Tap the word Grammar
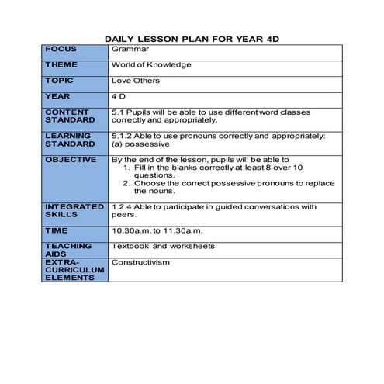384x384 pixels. pos(127,49)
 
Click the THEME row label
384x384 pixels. pos(61,64)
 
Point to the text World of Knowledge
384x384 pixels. pos(151,65)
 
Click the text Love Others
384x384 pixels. pos(136,81)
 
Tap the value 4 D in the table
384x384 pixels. pos(119,97)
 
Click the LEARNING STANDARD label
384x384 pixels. pos(68,140)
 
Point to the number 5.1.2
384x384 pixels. pos(123,136)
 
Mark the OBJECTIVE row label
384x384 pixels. pos(71,159)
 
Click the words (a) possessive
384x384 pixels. pos(140,144)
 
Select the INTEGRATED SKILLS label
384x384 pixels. pos(74,211)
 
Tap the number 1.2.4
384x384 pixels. pos(123,207)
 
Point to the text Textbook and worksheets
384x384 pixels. pos(163,247)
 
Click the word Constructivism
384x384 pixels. pos(140,262)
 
